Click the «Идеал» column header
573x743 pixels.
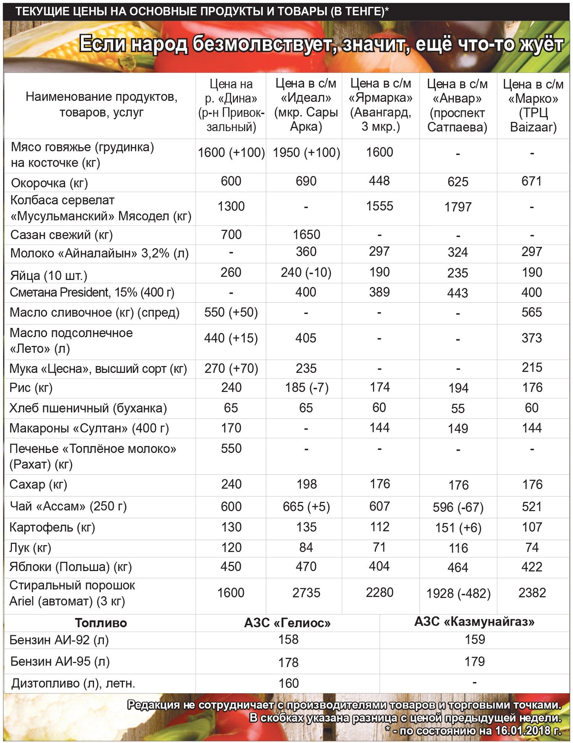point(306,105)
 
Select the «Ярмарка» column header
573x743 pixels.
point(380,105)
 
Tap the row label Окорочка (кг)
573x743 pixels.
point(50,183)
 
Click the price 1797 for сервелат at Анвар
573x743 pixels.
point(458,207)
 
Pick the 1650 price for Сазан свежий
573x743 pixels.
point(306,235)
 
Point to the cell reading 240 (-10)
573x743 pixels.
point(306,273)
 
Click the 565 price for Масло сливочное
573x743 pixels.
point(532,312)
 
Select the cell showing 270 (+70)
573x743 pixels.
point(231,368)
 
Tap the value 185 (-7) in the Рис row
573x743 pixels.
point(306,388)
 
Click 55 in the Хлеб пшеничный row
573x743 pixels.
point(458,409)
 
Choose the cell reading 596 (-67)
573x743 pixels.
point(458,507)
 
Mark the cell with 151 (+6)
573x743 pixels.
point(458,528)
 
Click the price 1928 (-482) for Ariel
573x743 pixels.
point(458,593)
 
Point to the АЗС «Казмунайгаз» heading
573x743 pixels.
point(474,622)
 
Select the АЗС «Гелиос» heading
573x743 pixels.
point(287,623)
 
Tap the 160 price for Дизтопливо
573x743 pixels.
point(288,683)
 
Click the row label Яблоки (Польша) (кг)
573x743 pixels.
point(71,567)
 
